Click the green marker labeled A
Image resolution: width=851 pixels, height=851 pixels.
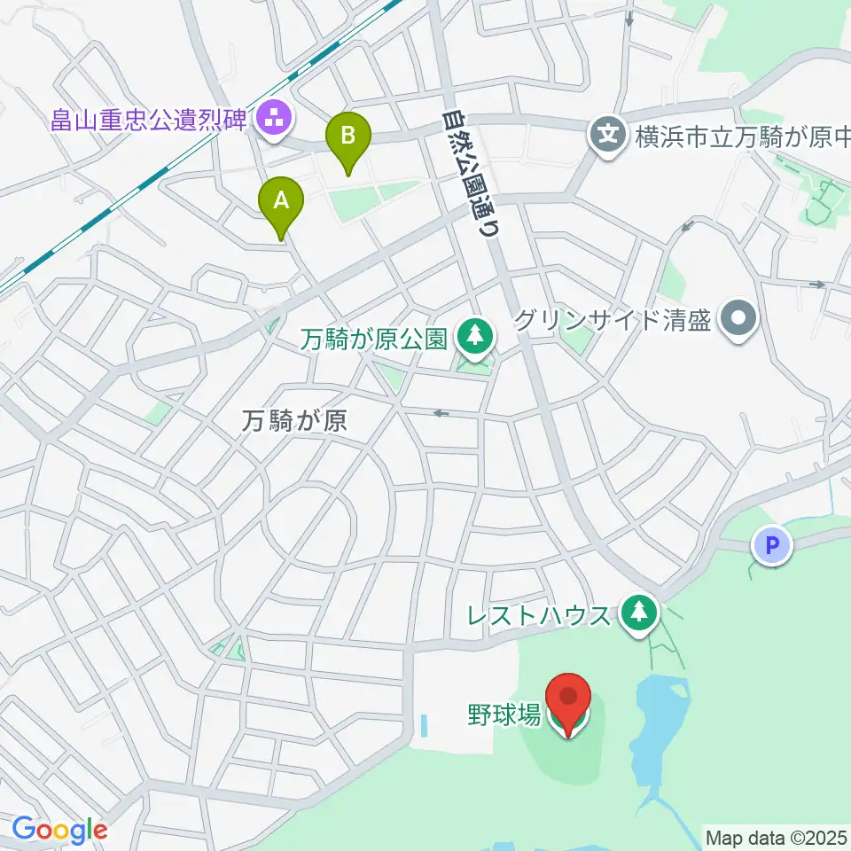pyautogui.click(x=281, y=203)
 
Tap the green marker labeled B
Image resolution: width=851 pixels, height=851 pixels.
pyautogui.click(x=348, y=138)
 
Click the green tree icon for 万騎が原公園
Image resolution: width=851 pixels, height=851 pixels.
pyautogui.click(x=474, y=338)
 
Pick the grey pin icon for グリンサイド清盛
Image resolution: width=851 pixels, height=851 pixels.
pyautogui.click(x=738, y=318)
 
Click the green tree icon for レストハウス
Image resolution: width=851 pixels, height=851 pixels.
pyautogui.click(x=636, y=613)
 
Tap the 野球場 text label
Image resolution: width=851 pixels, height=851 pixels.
pyautogui.click(x=504, y=714)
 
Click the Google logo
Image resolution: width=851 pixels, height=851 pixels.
pyautogui.click(x=59, y=830)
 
